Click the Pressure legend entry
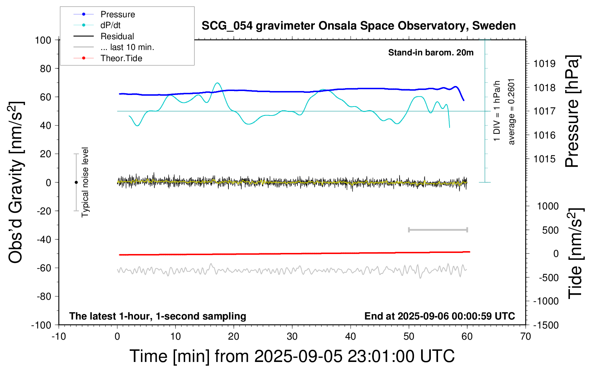tap(117, 14)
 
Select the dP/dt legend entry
tap(110, 25)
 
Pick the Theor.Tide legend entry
tap(121, 58)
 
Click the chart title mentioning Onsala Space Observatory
tap(358, 26)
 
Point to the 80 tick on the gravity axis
tap(45, 68)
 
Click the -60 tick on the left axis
tap(44, 268)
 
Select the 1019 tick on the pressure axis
tap(544, 64)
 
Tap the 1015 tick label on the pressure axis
tap(544, 159)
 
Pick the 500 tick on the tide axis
tap(550, 230)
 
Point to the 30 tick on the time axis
tap(292, 336)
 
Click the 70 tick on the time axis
tap(526, 336)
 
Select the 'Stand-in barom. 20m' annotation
tap(431, 53)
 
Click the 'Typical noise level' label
tap(85, 182)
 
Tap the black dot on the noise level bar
tap(76, 182)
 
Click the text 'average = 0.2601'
tap(512, 112)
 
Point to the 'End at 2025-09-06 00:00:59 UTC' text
tap(439, 316)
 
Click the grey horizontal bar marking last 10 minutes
tap(438, 230)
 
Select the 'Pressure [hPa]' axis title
tap(572, 112)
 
